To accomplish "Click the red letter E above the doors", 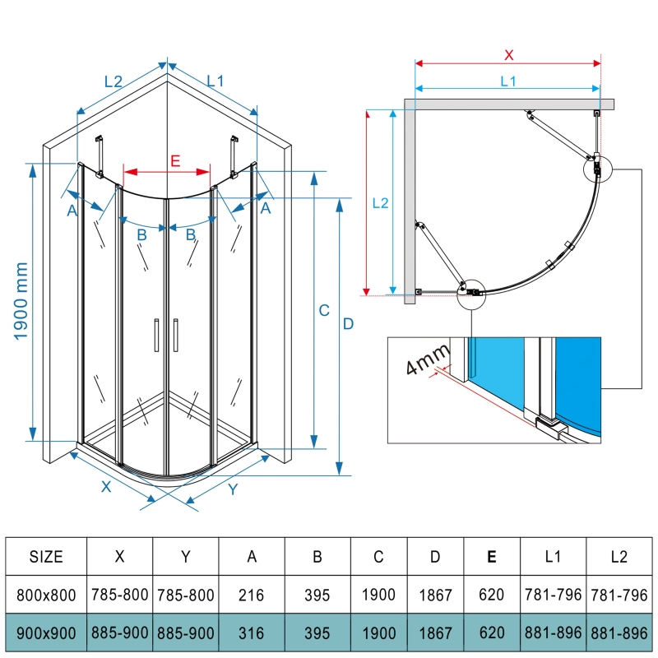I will [x=175, y=160].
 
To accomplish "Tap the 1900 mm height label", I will [x=21, y=302].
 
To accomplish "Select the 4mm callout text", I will [x=429, y=359].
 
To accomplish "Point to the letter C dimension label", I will [x=324, y=310].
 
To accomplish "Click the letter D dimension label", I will [x=348, y=324].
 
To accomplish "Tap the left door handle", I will [x=155, y=336].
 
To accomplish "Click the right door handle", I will [x=176, y=336].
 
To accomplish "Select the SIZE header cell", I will [x=46, y=557].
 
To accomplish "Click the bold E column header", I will [x=491, y=557].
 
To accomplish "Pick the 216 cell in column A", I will [x=253, y=595].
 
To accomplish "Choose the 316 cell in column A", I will [x=253, y=634].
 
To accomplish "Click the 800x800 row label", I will [x=46, y=595].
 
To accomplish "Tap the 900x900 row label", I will [x=46, y=634].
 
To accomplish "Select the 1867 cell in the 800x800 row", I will [x=434, y=595].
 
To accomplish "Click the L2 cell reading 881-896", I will [x=619, y=634].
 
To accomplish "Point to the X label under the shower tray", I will [x=106, y=486].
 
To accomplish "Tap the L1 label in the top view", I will [x=507, y=81].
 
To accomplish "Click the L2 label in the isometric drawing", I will [x=114, y=81].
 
